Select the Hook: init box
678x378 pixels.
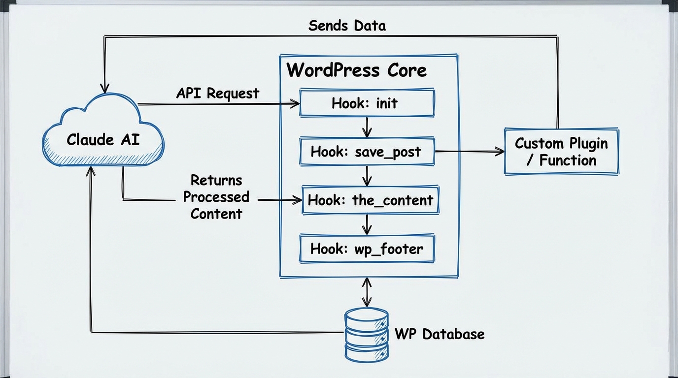[x=367, y=103]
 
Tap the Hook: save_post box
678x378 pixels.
[x=367, y=151]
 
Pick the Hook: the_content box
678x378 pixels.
[x=370, y=200]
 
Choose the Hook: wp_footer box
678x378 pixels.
[x=367, y=249]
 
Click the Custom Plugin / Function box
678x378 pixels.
[x=561, y=152]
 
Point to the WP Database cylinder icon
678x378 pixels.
[x=367, y=335]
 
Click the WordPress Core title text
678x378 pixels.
[x=356, y=70]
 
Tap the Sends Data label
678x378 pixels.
[x=347, y=26]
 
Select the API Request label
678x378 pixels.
[x=217, y=93]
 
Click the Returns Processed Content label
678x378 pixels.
[x=216, y=197]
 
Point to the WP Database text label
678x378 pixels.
[x=440, y=334]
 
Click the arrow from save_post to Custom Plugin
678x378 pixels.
[x=469, y=151]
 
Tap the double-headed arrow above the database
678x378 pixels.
[x=367, y=292]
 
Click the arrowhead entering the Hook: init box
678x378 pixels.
[x=295, y=103]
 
